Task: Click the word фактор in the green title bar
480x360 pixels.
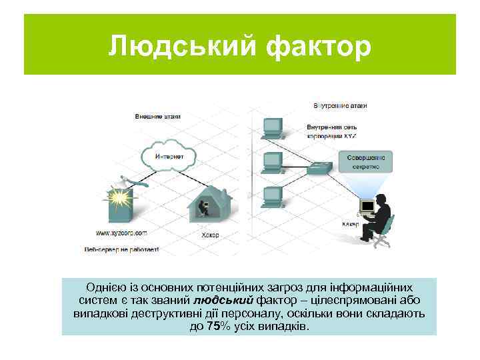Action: coord(316,46)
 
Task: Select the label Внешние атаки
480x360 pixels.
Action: coord(157,117)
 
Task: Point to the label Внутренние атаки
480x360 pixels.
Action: coord(340,105)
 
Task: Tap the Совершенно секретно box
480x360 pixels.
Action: coord(367,160)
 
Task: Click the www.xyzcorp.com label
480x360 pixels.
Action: coord(122,233)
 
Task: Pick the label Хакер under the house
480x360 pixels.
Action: coord(210,235)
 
